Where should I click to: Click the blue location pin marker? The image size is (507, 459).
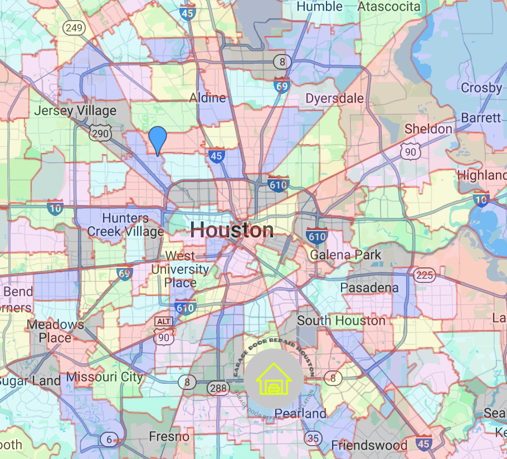point(158,138)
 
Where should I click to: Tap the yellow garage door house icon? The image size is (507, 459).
point(274,379)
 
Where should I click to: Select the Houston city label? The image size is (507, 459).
point(232,229)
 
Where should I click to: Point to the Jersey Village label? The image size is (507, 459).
point(75,110)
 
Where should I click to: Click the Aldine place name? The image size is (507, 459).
point(208,98)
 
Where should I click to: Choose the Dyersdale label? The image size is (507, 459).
point(334,99)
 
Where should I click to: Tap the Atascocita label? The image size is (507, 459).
point(389,7)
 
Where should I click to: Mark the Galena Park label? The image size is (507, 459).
point(345,255)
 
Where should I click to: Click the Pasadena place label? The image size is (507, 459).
point(369,287)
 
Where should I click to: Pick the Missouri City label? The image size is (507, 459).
point(105,377)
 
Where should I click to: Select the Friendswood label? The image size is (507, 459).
point(369,445)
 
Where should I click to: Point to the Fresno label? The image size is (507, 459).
point(169,436)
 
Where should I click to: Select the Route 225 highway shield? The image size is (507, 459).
point(425,275)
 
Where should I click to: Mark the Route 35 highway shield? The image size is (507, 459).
point(313,438)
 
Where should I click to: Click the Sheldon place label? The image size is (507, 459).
point(428,129)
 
